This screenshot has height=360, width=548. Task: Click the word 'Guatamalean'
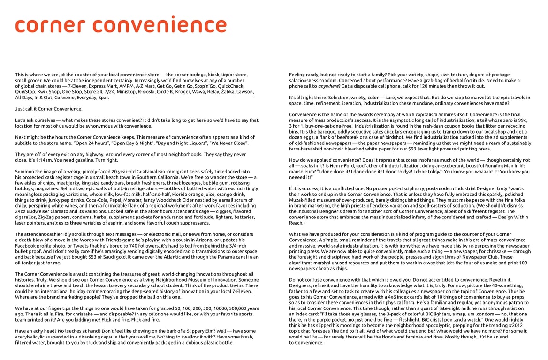coord(135,172)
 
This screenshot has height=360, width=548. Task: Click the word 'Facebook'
coord(28,246)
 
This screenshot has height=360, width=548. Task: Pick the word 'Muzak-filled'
coord(306,200)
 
